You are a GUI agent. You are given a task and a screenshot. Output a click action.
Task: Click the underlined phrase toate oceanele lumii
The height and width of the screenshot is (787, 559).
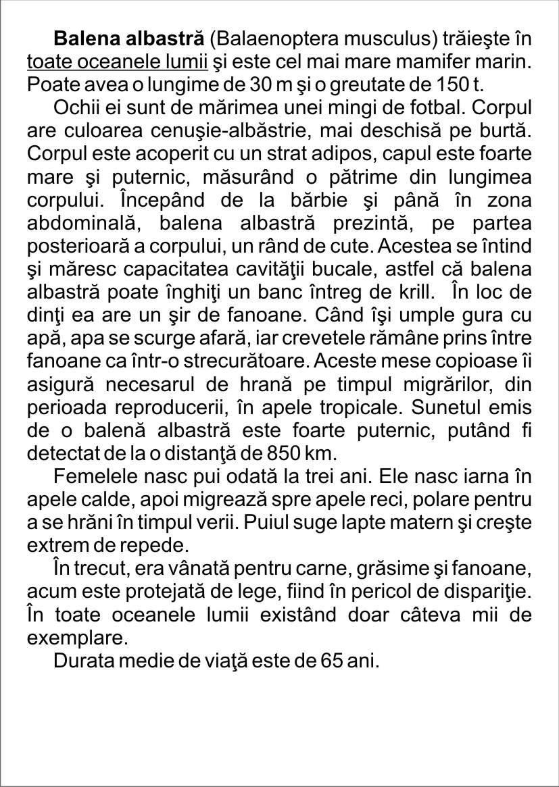pos(117,61)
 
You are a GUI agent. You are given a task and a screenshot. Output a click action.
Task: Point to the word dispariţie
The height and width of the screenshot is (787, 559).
pos(488,592)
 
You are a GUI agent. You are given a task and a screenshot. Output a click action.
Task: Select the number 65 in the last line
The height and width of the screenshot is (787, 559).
pos(316,660)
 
